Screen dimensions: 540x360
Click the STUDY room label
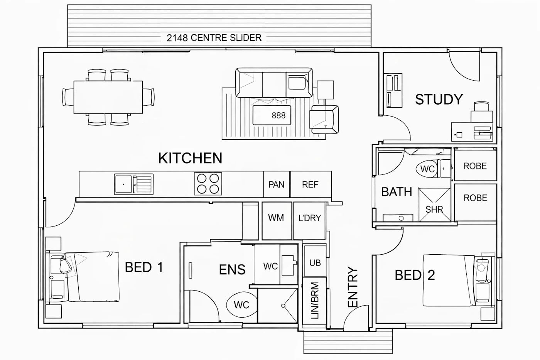(439, 99)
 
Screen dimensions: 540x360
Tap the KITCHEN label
(190, 158)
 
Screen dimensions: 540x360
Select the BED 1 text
(144, 267)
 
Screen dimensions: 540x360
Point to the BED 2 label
(415, 275)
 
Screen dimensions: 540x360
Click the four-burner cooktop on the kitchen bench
(208, 184)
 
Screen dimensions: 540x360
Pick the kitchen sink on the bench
(133, 184)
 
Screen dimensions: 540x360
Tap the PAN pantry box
(277, 184)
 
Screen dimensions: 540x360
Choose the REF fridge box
(311, 184)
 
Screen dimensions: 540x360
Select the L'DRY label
(309, 218)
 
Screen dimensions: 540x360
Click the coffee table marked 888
(272, 115)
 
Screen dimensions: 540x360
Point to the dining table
(108, 97)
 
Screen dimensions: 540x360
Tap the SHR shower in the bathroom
(434, 205)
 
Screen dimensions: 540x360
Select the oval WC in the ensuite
(241, 305)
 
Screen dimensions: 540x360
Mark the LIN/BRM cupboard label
(315, 301)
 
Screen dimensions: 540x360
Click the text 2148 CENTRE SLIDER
(214, 38)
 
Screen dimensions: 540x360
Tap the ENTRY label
(353, 287)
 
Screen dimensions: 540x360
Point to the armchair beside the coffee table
(324, 119)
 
